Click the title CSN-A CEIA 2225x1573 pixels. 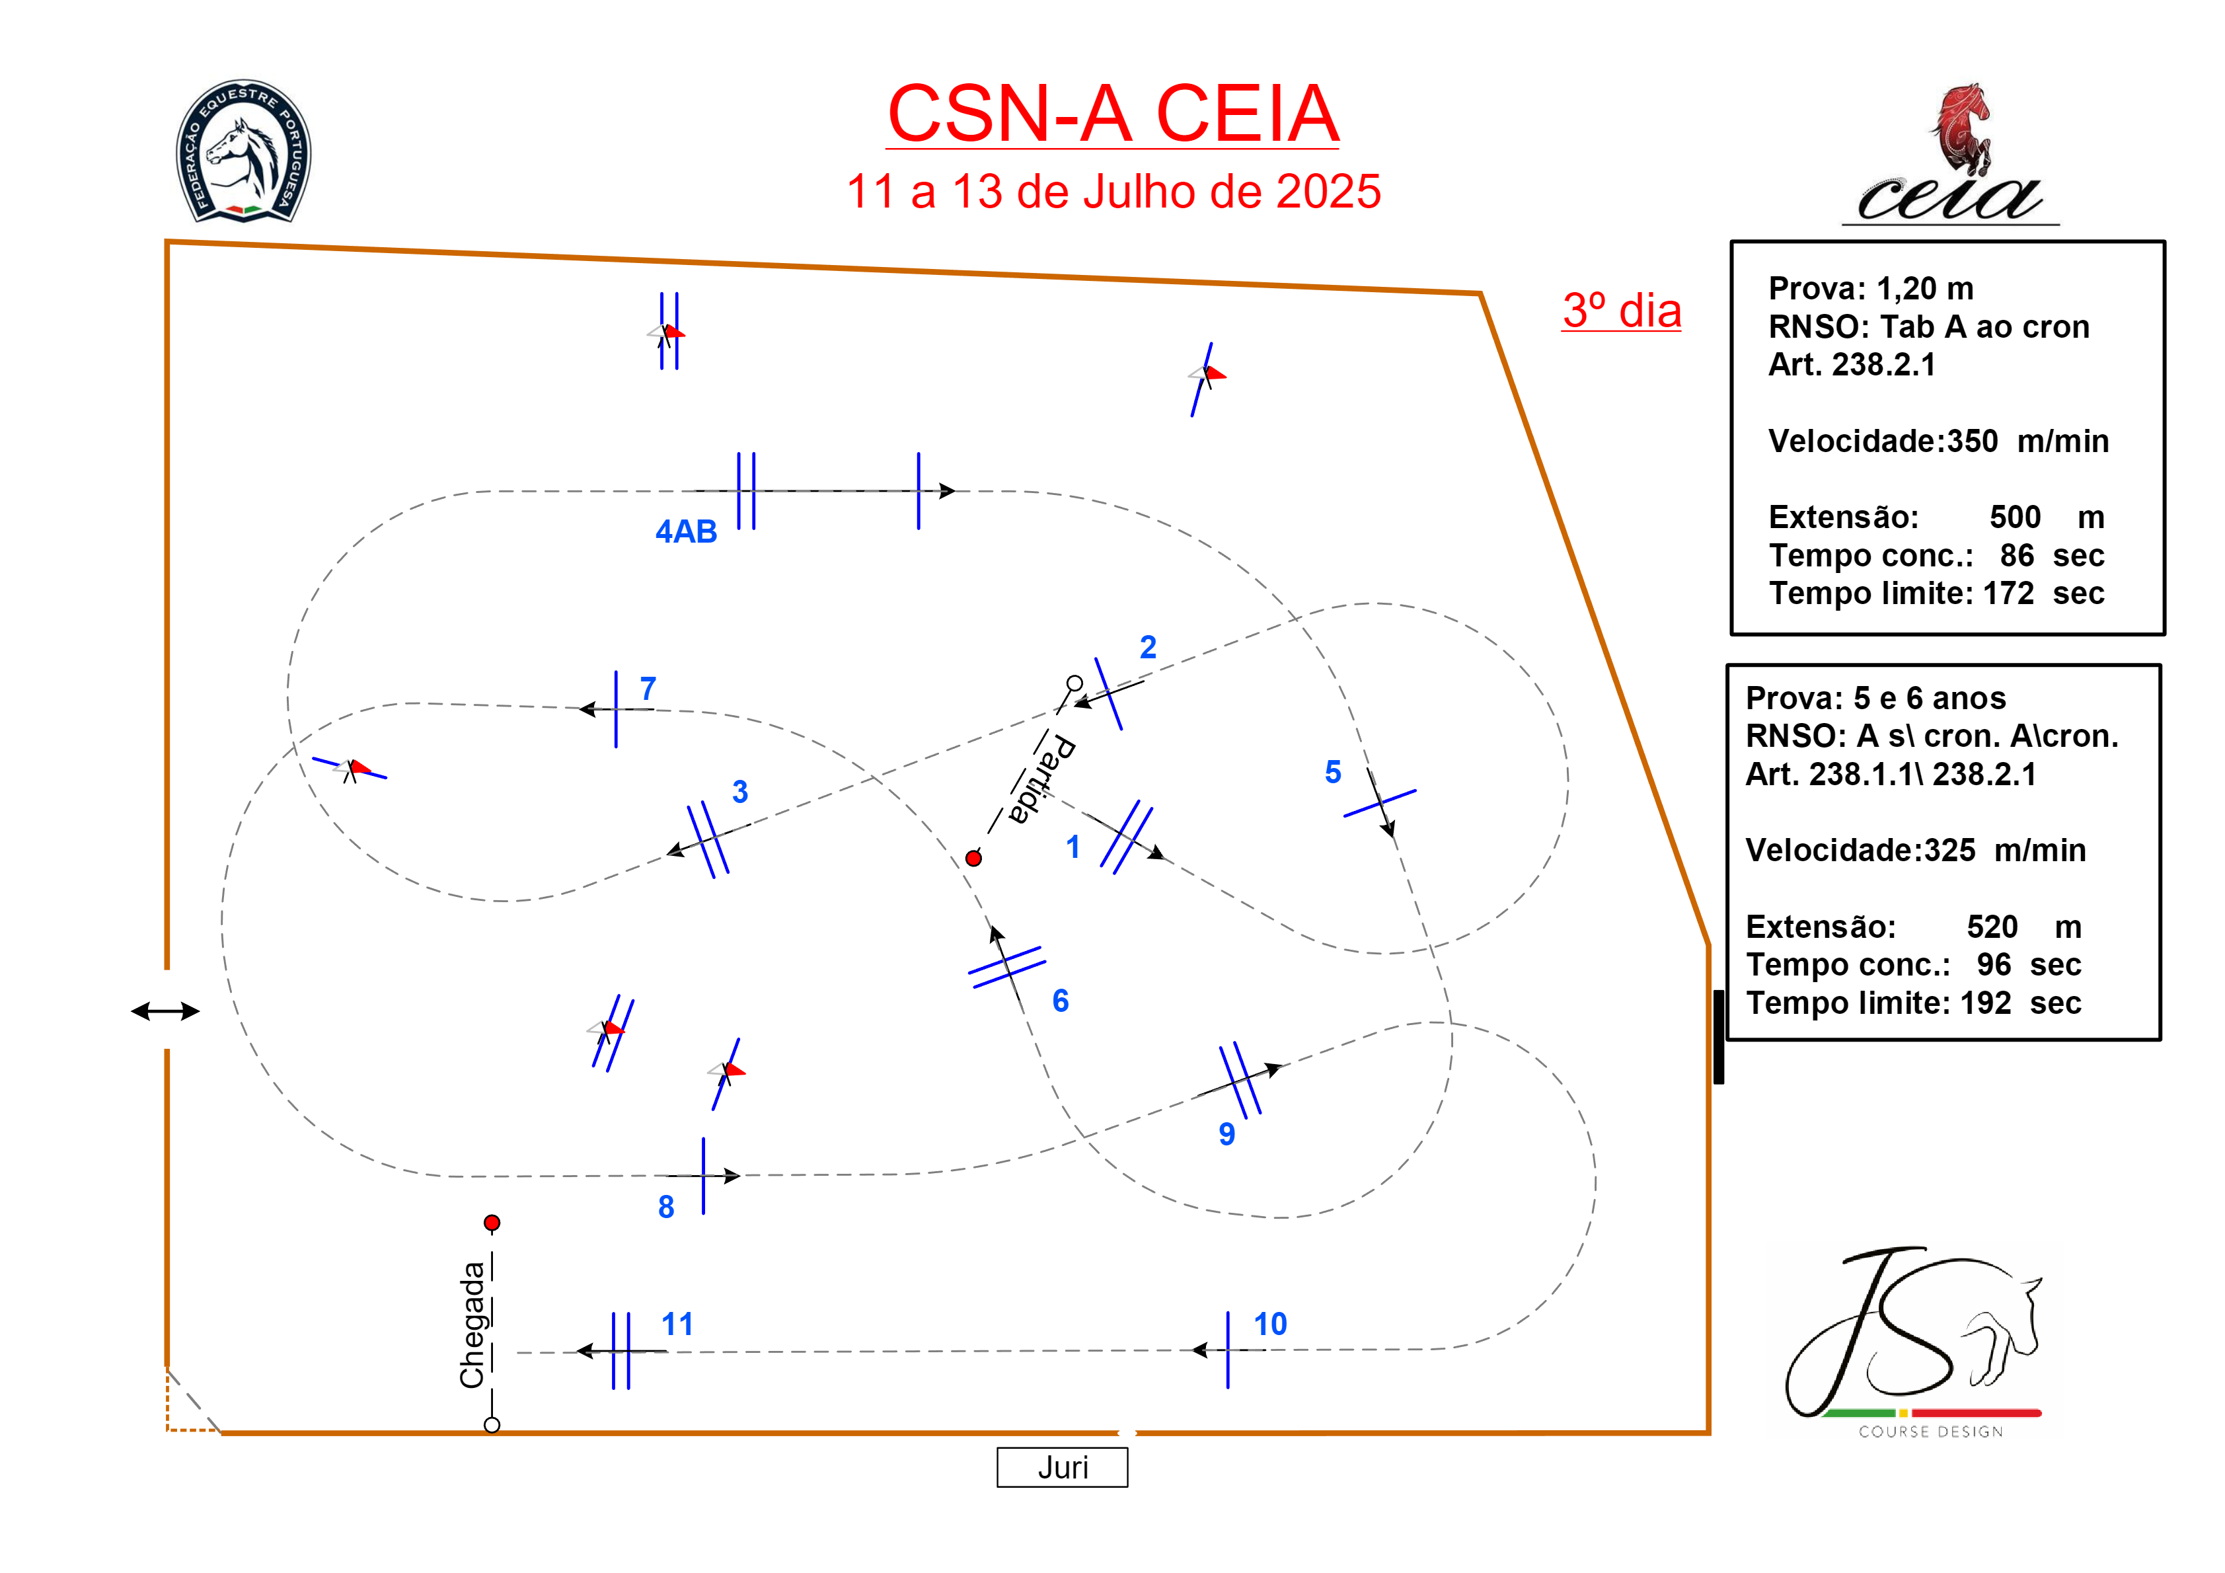1113,114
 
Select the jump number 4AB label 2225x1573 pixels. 686,531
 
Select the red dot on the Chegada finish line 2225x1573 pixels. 492,1223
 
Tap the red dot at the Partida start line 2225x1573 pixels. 974,858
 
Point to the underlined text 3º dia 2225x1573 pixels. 1621,311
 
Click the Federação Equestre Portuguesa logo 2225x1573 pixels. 243,151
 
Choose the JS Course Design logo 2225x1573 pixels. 1914,1342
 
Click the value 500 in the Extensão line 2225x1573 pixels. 2015,517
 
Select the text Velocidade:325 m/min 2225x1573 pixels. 1915,850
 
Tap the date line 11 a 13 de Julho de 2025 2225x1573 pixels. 1113,192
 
